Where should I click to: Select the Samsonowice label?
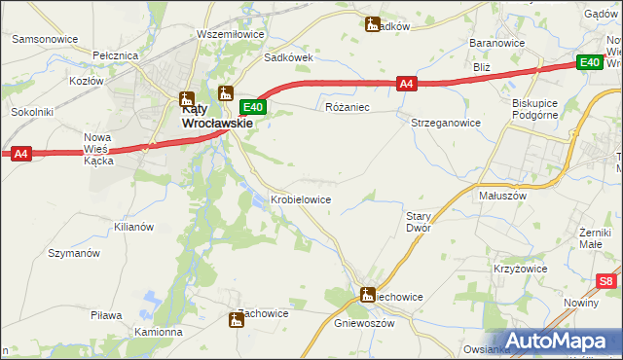pos(45,39)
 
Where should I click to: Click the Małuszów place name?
pos(503,195)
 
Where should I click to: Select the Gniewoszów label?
pos(364,323)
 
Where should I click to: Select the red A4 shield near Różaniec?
pos(408,85)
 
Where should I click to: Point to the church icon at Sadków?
pos(372,24)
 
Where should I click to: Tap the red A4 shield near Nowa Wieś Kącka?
pos(21,153)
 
